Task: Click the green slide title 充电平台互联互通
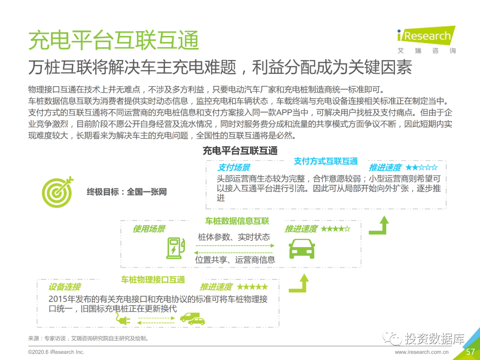click(x=113, y=40)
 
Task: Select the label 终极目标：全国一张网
click(x=127, y=192)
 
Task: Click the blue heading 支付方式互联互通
click(x=326, y=161)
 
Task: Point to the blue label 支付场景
click(x=233, y=168)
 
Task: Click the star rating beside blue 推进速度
click(x=421, y=168)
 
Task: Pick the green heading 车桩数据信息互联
click(x=237, y=221)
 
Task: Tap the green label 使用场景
click(x=149, y=229)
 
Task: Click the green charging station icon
click(x=175, y=248)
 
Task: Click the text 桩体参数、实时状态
click(x=234, y=237)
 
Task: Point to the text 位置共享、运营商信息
click(x=235, y=260)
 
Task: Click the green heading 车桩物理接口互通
click(x=153, y=280)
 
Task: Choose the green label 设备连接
click(x=64, y=287)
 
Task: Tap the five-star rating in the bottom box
click(x=252, y=287)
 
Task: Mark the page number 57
click(x=470, y=352)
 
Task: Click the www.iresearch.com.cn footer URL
click(x=421, y=352)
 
